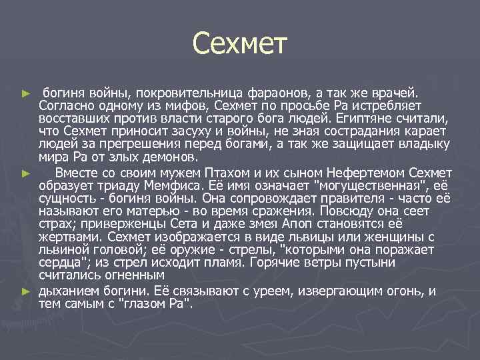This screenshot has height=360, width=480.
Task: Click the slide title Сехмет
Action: pyautogui.click(x=239, y=44)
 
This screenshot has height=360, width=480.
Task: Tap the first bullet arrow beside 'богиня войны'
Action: pyautogui.click(x=26, y=91)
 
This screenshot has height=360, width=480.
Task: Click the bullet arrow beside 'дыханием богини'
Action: pyautogui.click(x=26, y=291)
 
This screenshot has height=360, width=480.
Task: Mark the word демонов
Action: pyautogui.click(x=169, y=158)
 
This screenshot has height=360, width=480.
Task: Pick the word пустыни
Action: pyautogui.click(x=409, y=264)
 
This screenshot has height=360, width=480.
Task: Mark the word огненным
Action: pyautogui.click(x=126, y=277)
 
